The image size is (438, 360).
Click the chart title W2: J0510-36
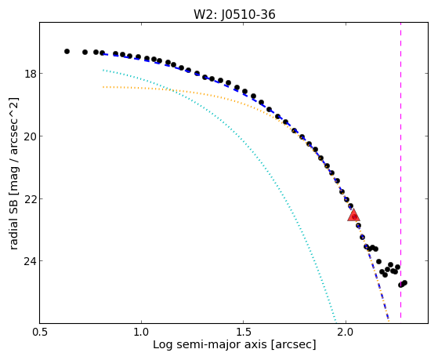coord(234,15)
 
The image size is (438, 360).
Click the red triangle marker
coord(353,215)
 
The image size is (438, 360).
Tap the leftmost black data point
coord(67,51)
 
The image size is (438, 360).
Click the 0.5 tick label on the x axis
coord(40,332)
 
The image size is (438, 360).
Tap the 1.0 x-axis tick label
coord(142,332)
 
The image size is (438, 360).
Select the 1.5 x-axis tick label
coord(244,332)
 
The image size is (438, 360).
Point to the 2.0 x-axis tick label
coord(346,332)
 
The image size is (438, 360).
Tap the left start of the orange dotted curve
coord(103,87)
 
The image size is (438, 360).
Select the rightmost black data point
coord(404,282)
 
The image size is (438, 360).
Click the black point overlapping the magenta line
coord(400,285)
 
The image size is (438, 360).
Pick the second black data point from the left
coord(85,52)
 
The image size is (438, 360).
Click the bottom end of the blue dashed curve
coord(389,318)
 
